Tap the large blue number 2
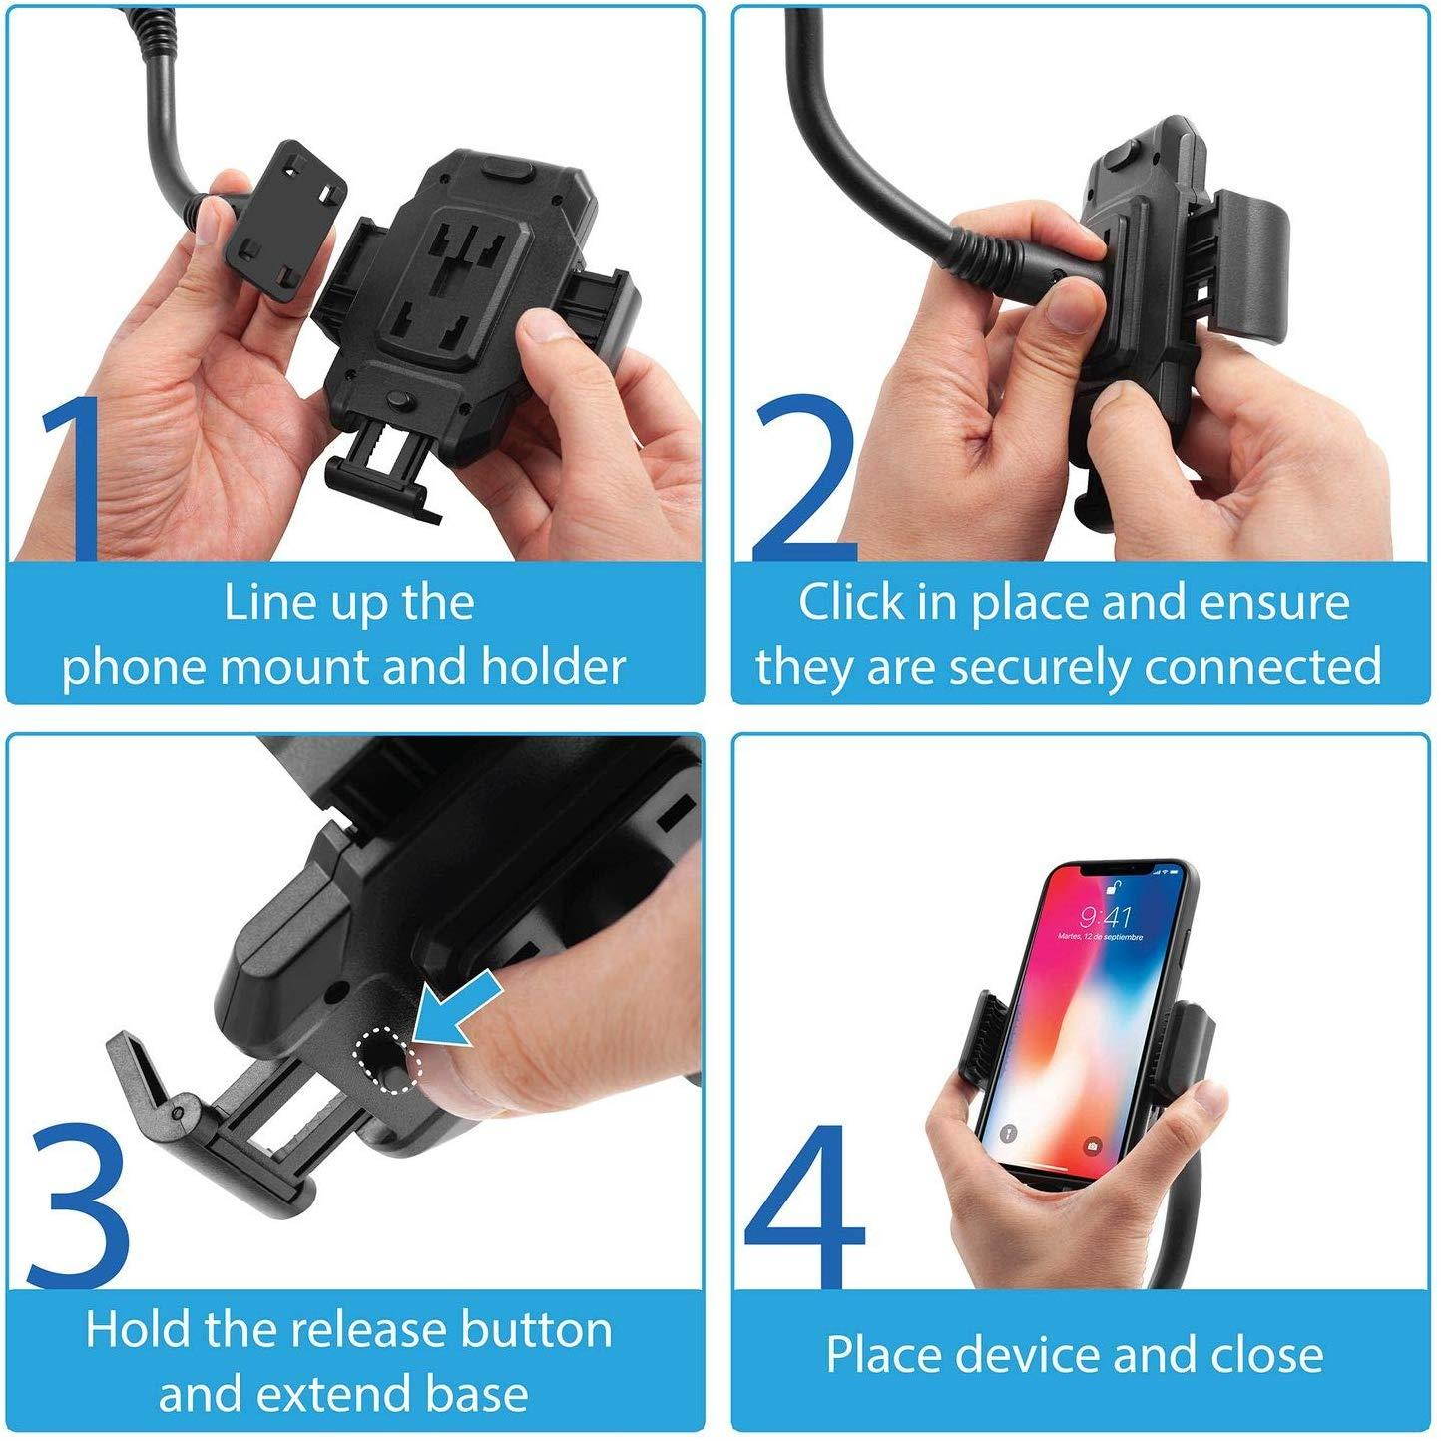[804, 479]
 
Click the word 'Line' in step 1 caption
[255, 603]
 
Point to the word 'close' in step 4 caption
[1266, 1355]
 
